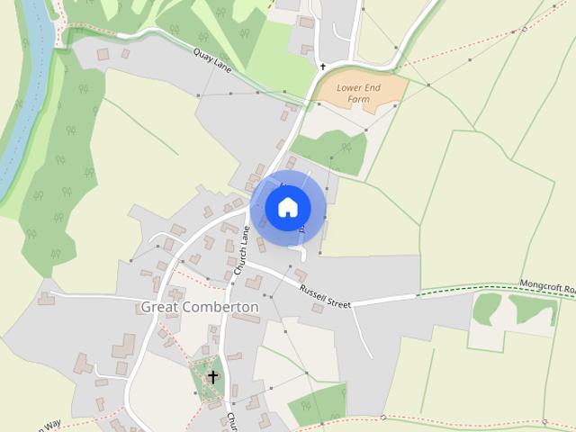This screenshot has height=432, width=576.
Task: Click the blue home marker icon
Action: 288,208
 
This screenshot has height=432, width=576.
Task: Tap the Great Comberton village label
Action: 200,307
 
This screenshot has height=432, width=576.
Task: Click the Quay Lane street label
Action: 213,67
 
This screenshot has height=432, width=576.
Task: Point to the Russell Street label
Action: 324,297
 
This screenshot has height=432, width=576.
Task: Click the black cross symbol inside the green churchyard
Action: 213,376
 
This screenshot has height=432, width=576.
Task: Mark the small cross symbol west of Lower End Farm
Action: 322,67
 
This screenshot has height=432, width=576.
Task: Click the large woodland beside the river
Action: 58,180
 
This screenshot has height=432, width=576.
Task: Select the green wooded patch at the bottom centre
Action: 317,405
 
